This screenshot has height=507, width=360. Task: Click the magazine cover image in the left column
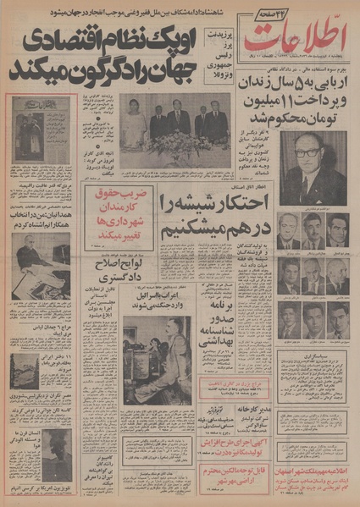(x=41, y=129)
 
